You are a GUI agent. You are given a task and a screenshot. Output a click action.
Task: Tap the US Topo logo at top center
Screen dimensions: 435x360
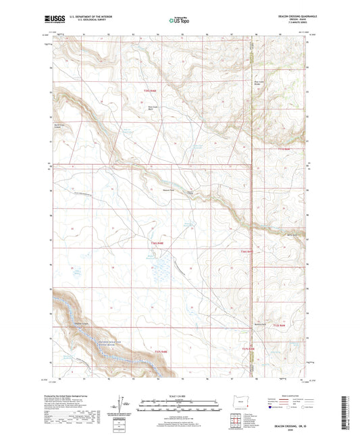point(176,21)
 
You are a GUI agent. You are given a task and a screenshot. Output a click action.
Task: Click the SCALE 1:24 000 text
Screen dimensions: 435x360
point(179,395)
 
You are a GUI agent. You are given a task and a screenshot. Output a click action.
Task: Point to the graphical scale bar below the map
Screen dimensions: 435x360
point(179,403)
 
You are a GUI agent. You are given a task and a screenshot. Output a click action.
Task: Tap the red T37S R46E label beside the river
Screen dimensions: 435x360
point(161,351)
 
